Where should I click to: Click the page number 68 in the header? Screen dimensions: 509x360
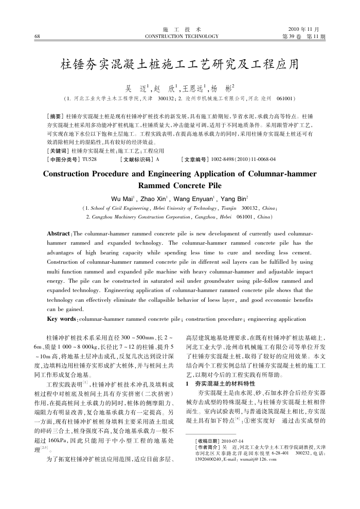(37, 37)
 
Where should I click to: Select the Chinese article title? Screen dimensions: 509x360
(179, 65)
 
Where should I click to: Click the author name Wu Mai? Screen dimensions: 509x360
(123, 198)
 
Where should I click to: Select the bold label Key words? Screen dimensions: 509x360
(61, 319)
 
